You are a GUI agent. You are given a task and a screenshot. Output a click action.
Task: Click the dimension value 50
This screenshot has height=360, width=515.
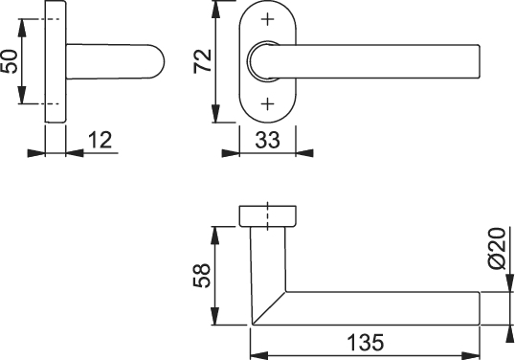click(x=9, y=61)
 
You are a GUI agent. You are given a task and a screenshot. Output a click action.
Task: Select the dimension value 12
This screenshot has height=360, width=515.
click(x=101, y=140)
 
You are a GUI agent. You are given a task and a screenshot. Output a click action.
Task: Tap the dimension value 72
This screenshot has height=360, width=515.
click(x=203, y=61)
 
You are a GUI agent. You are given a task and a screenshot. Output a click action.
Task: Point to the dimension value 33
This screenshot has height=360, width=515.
click(x=268, y=140)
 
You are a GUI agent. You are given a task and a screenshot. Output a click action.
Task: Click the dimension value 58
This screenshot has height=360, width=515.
click(x=202, y=276)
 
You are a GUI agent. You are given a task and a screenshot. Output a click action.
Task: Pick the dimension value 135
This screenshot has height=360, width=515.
click(x=366, y=343)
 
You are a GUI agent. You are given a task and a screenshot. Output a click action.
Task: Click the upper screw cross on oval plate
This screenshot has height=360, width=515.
click(x=268, y=19)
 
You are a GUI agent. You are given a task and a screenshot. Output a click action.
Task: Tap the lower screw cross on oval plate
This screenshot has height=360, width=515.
click(x=268, y=104)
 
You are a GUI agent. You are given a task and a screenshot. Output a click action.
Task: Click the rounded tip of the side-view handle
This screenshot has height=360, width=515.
click(x=161, y=61)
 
